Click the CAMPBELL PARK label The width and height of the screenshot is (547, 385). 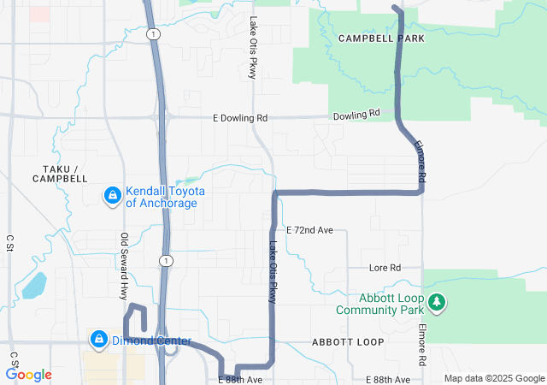coord(380,38)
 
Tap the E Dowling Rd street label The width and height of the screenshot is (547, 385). coord(240,118)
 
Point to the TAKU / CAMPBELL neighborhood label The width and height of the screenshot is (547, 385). coord(60,174)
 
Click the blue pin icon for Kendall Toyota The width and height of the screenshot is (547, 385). coord(111,197)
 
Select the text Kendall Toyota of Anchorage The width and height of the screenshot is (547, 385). coord(162,198)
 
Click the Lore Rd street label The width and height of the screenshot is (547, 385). coord(385,268)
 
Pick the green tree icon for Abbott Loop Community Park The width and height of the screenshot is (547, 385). coord(437,302)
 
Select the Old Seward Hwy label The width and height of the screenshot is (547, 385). coord(125,265)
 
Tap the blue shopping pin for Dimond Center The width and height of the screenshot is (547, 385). coord(98,340)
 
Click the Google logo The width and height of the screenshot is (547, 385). coord(29,374)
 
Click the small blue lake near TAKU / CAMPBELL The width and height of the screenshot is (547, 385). coord(34,285)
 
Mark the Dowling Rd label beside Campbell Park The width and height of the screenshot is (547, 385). coord(356,115)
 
